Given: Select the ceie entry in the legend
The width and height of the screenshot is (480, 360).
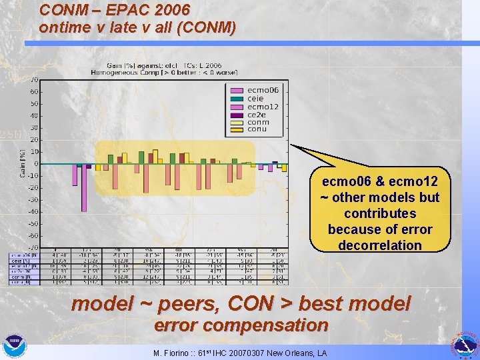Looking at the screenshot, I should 255,99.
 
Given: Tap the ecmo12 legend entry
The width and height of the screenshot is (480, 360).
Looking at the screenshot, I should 263,107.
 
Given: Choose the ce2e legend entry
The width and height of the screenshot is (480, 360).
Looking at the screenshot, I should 257,114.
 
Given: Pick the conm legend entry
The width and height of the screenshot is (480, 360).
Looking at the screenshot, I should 258,122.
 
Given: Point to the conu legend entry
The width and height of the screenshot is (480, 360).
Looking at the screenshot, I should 257,129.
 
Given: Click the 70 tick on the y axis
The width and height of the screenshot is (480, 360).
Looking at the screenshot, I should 33,80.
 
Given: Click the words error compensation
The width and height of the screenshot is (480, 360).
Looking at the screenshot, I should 241,326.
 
